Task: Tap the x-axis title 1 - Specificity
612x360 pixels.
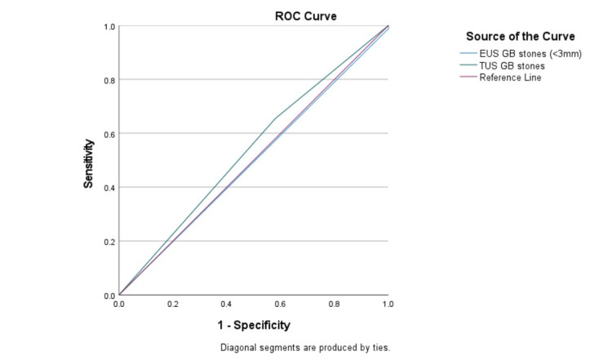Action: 253,325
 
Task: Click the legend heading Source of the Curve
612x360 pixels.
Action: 520,37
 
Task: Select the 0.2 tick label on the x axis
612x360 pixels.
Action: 173,304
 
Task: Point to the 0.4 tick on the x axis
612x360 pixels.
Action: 227,304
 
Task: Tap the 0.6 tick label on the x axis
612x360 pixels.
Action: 281,304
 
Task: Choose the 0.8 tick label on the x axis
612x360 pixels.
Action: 335,304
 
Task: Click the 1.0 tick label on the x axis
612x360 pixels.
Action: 388,304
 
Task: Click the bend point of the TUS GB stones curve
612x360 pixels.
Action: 275,119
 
